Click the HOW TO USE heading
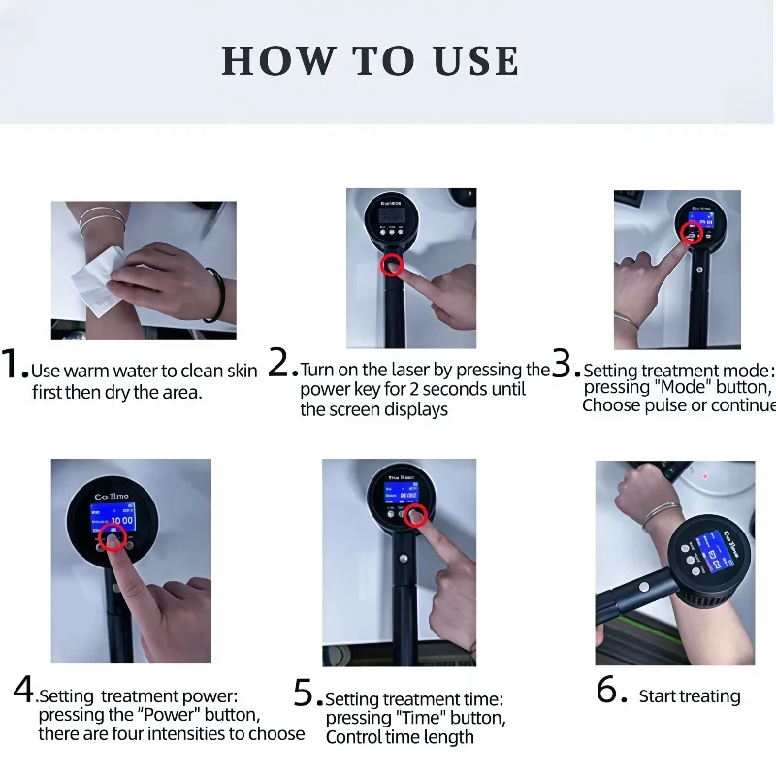(371, 60)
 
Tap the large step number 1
(15, 365)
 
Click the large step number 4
(23, 690)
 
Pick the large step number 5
(305, 693)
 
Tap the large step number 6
(607, 691)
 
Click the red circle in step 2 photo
(391, 267)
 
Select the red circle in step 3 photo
(691, 233)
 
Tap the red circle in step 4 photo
(113, 540)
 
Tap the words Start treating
(689, 696)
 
